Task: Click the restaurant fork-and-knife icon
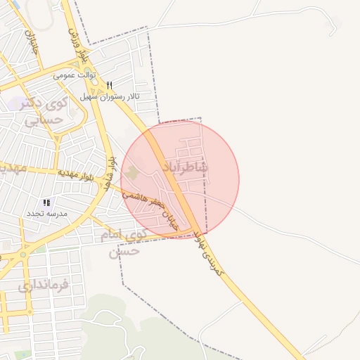pos(110,85)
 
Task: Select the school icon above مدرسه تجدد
pos(46,202)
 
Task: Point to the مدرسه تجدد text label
pos(47,212)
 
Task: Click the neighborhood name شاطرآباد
pos(186,167)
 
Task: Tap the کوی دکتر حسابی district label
pos(44,112)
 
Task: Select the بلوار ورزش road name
pos(79,42)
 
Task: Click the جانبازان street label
pos(31,42)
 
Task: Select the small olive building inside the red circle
pos(133,172)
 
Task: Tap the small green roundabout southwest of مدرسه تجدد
pos(23,254)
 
